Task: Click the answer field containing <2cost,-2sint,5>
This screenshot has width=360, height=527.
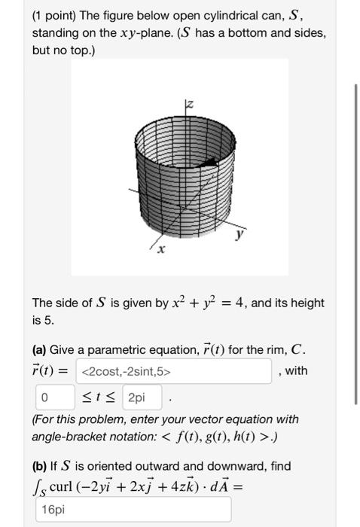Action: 175,370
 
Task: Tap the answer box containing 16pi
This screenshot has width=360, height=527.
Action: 133,510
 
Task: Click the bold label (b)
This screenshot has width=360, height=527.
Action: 41,466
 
